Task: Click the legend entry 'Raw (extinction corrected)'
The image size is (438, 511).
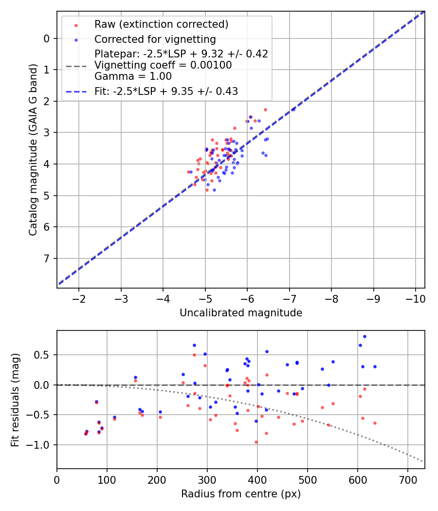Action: [x=161, y=24]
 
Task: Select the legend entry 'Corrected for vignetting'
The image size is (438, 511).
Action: [x=155, y=39]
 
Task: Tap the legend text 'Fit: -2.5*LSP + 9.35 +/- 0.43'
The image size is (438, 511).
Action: [x=166, y=91]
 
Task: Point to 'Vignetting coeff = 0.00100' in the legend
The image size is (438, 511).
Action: [x=163, y=65]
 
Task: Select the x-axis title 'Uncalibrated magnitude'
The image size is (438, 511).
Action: [x=241, y=313]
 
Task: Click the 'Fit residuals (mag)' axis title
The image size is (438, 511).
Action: [x=16, y=400]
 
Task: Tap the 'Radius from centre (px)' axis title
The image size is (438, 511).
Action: [x=241, y=494]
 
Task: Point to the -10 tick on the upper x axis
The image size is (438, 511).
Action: [x=415, y=298]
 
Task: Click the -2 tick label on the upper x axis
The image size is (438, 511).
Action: [x=79, y=298]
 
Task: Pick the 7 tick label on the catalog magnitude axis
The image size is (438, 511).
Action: [x=47, y=258]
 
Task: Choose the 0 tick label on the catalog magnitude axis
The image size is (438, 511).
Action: [x=47, y=38]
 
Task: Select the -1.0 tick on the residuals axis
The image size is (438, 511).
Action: [x=41, y=445]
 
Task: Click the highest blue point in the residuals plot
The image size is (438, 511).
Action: [x=365, y=336]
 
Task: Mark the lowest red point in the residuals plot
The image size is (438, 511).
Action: [x=256, y=442]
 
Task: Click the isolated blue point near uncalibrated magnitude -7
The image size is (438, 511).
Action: [x=293, y=109]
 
